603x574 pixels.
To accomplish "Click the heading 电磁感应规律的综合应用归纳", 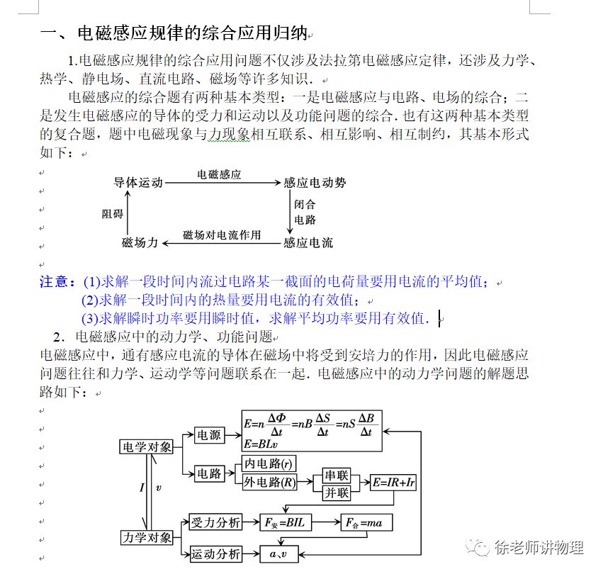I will pos(191,33).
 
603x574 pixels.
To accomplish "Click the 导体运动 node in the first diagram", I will pos(138,183).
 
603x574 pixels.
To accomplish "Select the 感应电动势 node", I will pos(315,183).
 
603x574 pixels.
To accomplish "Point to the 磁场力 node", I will pos(139,243).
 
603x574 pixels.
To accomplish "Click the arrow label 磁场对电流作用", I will pos(222,235).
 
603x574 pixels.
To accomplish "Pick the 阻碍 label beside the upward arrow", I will pos(112,213).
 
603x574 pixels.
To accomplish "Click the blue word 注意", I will pos(53,282).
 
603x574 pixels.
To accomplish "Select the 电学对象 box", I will pos(147,446).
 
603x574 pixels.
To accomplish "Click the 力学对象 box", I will pos(147,537).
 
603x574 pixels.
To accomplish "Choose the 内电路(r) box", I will pos(268,464).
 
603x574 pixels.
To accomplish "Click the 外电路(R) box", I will pos(269,483).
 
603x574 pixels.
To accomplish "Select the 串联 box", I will pos(337,475).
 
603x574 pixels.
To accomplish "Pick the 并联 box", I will pos(337,493).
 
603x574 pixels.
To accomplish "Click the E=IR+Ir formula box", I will pos(394,483).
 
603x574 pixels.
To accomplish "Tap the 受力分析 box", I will pos(215,522).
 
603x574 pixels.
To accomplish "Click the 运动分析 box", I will pos(215,554).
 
